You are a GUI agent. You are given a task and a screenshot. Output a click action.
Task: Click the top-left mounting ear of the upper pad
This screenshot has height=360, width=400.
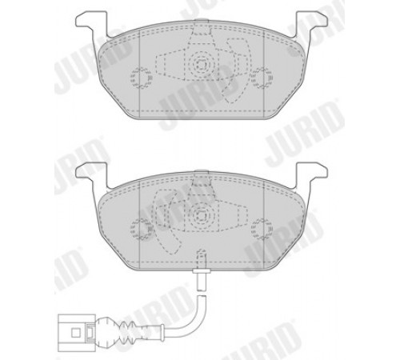coord(90,22)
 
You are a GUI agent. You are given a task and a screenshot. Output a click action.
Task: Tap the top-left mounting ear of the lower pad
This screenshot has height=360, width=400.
coord(90,173)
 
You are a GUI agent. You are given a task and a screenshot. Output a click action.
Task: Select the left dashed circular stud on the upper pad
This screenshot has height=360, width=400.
coord(141,78)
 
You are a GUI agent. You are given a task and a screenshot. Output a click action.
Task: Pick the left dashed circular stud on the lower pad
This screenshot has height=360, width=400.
coord(141,229)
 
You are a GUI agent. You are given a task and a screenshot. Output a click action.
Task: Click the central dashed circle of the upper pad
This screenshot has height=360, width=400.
coord(202,64)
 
